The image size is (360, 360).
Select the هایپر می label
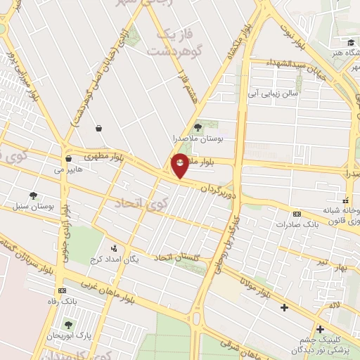pyautogui.click(x=68, y=169)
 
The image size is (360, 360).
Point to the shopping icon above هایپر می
pyautogui.click(x=68, y=159)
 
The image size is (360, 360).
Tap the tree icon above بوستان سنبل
pyautogui.click(x=32, y=195)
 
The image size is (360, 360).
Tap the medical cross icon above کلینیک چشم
pyautogui.click(x=320, y=328)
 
